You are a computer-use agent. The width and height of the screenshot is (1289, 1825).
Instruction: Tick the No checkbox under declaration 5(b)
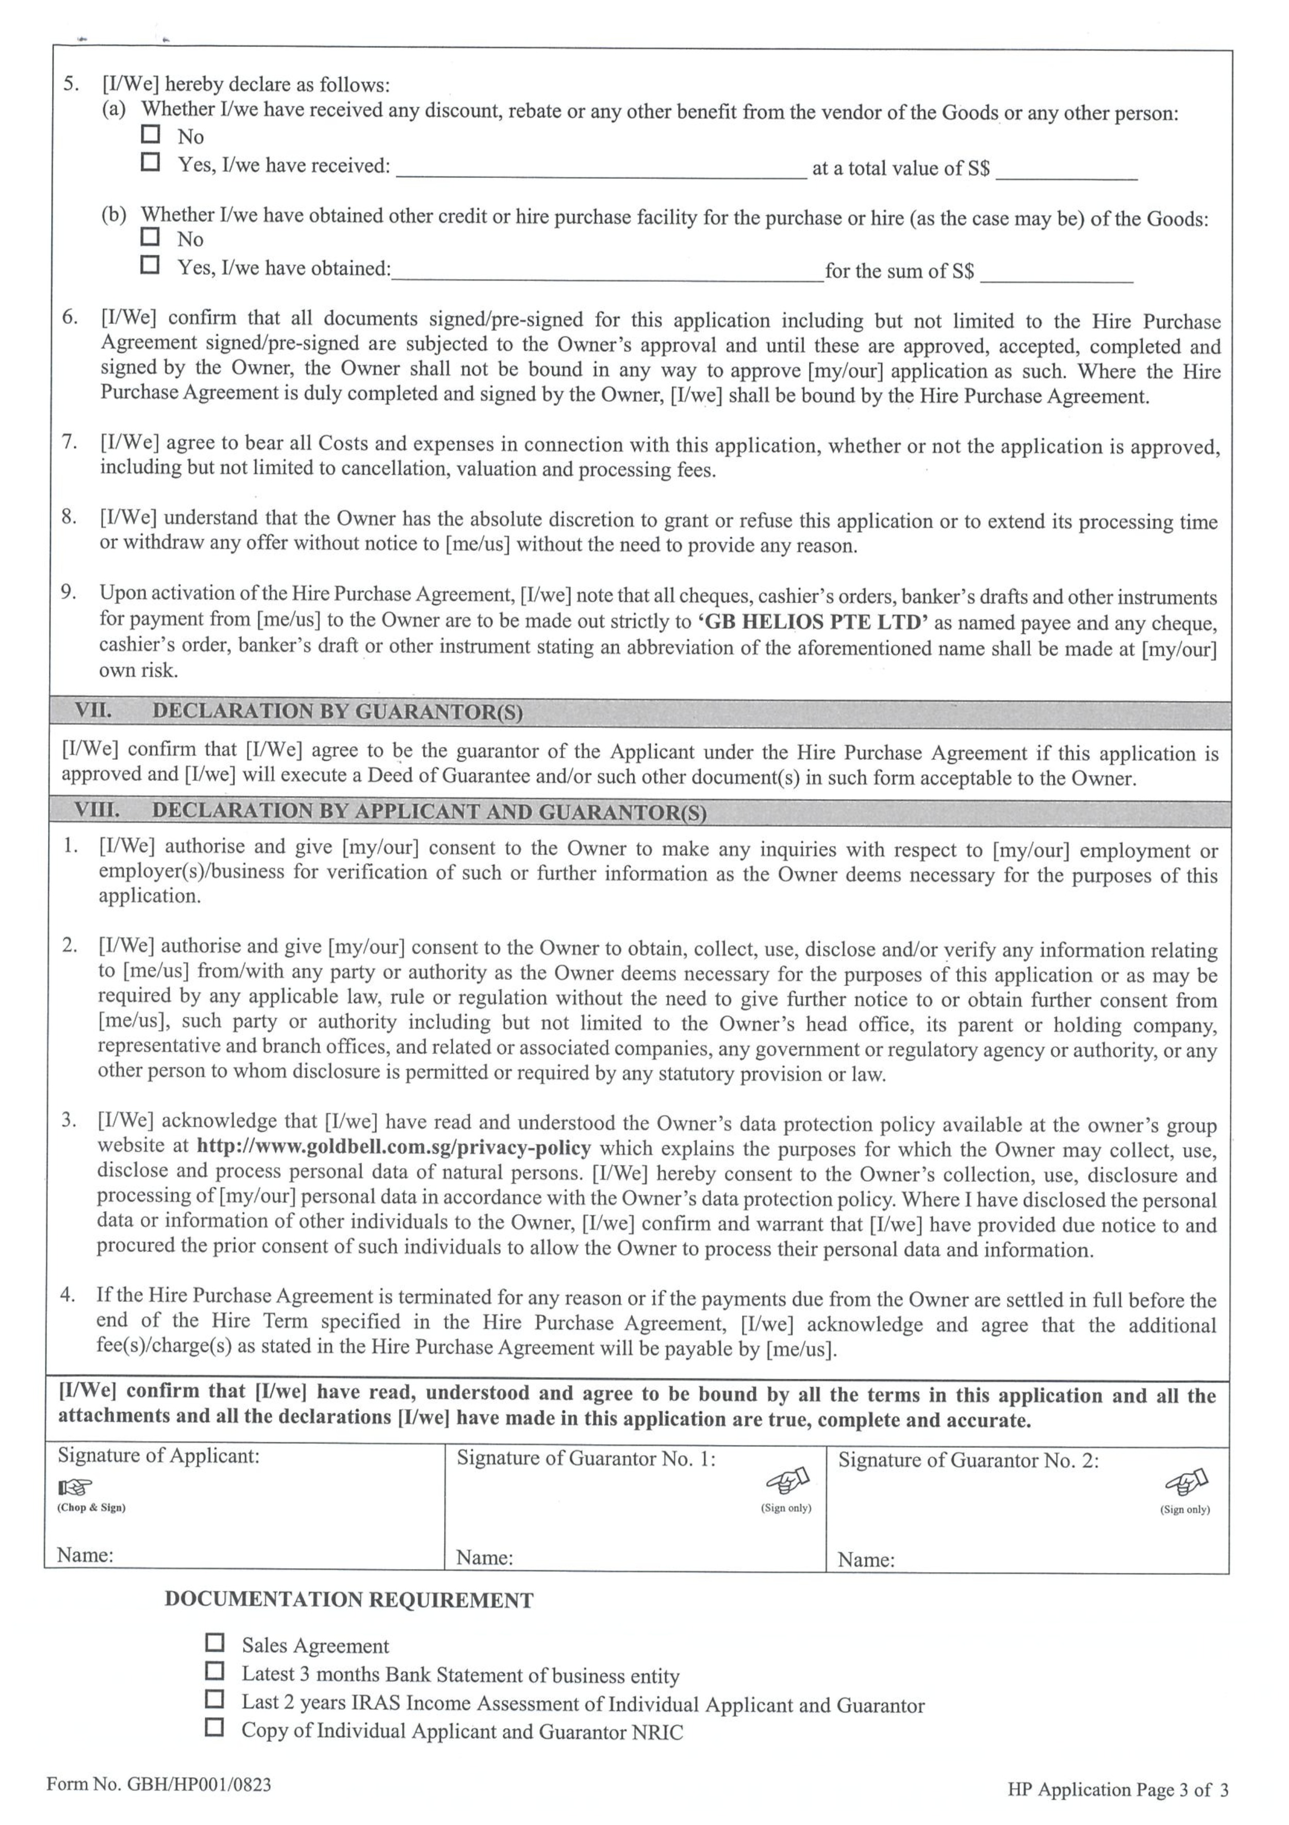[150, 236]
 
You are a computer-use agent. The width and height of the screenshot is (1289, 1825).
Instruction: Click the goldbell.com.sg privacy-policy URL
[393, 1147]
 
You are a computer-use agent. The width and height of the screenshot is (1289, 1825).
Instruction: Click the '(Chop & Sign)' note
[91, 1508]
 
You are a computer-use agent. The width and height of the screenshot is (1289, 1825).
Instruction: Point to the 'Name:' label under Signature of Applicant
[85, 1555]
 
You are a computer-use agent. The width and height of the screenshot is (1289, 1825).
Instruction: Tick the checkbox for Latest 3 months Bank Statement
[214, 1670]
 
